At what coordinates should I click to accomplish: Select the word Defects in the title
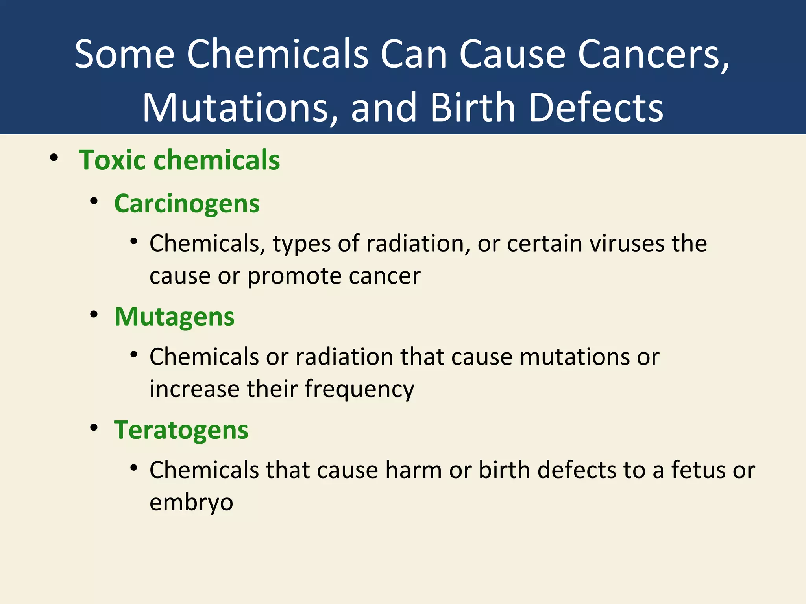[596, 108]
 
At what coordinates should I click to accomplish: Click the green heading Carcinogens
[187, 204]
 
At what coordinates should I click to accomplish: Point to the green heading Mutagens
[174, 317]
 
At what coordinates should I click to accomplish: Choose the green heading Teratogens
[181, 430]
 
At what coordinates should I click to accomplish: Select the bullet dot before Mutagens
[94, 315]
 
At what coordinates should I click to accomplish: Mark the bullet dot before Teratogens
[94, 428]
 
